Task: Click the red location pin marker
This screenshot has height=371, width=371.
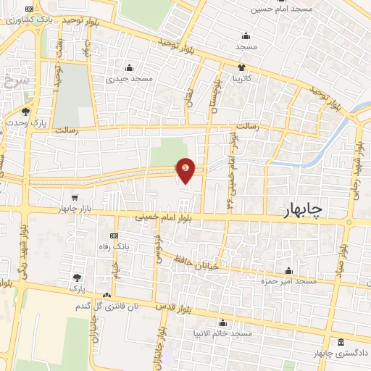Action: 186,170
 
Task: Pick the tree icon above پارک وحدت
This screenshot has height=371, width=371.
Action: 26,112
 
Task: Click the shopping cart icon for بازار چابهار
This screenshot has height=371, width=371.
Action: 74,197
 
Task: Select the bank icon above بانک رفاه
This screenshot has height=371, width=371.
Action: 114,236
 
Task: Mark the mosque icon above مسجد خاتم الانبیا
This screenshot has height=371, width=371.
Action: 223,323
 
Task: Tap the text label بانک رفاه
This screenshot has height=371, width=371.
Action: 114,247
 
